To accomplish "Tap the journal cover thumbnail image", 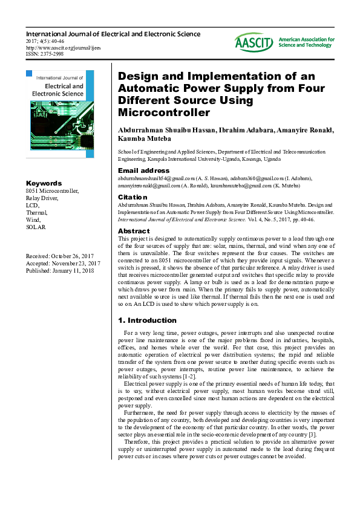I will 60,114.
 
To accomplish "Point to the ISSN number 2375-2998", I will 47,53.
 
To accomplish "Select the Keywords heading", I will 44,183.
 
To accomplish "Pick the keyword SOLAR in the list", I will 35,227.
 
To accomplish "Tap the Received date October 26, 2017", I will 61,256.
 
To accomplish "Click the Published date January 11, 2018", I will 60,271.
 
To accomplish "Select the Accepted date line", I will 63,264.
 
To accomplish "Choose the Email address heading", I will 143,170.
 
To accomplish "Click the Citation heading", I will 133,197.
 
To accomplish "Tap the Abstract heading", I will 134,231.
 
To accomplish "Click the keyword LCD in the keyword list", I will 32,205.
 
